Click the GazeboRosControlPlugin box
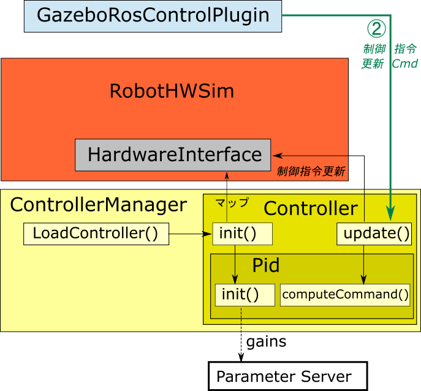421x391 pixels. pyautogui.click(x=153, y=16)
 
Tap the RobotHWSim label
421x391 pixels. pyautogui.click(x=172, y=91)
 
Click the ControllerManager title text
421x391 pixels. pyautogui.click(x=98, y=205)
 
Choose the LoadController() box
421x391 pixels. pyautogui.click(x=96, y=233)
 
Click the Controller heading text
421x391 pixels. pyautogui.click(x=310, y=208)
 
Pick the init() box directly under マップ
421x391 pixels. pyautogui.click(x=242, y=233)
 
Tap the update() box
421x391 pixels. pyautogui.click(x=374, y=233)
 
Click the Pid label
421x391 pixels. pyautogui.click(x=265, y=265)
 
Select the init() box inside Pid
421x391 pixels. pyautogui.click(x=245, y=294)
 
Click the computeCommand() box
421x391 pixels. pyautogui.click(x=345, y=294)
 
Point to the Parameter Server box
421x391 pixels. pyautogui.click(x=287, y=376)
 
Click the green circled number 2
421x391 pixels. pyautogui.click(x=376, y=28)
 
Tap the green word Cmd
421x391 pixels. pyautogui.click(x=404, y=64)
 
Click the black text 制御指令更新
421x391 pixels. pyautogui.click(x=311, y=172)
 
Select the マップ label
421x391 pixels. pyautogui.click(x=232, y=202)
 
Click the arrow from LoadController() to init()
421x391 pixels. pyautogui.click(x=190, y=233)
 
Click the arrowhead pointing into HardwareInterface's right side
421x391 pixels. pyautogui.click(x=277, y=154)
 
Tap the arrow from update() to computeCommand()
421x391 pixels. pyautogui.click(x=365, y=264)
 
